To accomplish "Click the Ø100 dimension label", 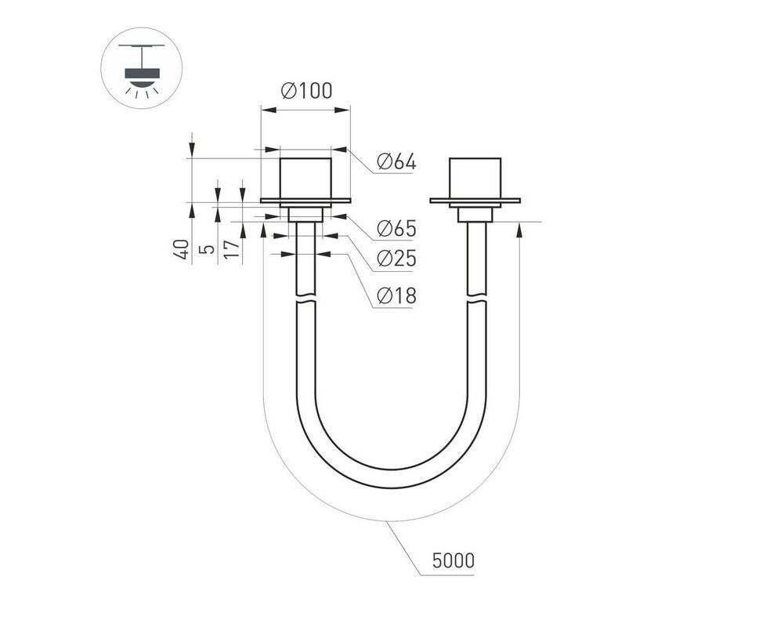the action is coord(307,91).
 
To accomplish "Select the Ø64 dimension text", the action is coord(396,161).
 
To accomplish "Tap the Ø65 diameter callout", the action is coord(396,228).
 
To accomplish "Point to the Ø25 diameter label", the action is coord(396,259).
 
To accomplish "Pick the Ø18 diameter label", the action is coord(396,295).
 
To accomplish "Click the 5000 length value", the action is coord(453,560).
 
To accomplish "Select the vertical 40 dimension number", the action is coord(182,249).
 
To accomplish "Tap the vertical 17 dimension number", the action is coord(233,249).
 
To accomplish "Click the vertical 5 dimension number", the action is coord(208,249).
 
